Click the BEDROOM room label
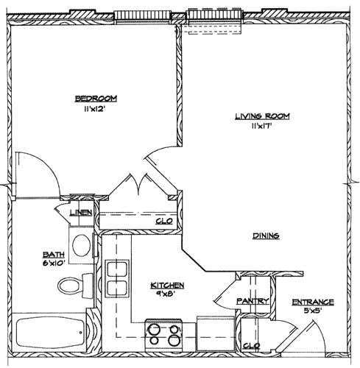tap(95, 99)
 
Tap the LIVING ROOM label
tap(262, 116)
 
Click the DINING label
tap(265, 236)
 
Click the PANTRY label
tap(251, 302)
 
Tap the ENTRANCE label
tap(312, 302)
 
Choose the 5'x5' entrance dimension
tap(312, 311)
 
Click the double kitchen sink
tap(116, 279)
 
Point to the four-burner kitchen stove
tap(163, 336)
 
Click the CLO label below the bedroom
tap(163, 221)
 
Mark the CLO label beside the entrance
tap(252, 345)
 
